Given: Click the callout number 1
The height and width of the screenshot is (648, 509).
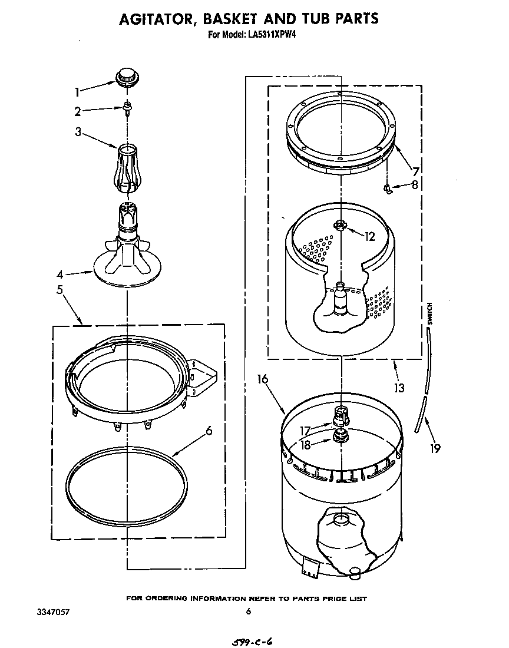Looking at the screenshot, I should (77, 92).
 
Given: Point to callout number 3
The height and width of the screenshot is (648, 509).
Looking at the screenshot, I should (78, 131).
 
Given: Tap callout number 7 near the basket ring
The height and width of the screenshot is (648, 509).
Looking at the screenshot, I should (415, 171).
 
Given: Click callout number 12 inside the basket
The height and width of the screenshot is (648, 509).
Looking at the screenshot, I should (369, 237).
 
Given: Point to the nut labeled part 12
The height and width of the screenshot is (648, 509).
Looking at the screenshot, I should (341, 225).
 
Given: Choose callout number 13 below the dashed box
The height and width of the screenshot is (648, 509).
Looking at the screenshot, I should (399, 388).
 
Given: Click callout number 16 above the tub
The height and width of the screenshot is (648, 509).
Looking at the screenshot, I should (262, 379).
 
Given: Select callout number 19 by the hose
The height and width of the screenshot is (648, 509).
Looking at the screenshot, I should (435, 448).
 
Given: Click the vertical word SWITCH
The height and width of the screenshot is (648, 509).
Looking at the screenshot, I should (429, 313).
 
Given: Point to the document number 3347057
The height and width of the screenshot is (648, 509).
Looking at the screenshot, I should (53, 612).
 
